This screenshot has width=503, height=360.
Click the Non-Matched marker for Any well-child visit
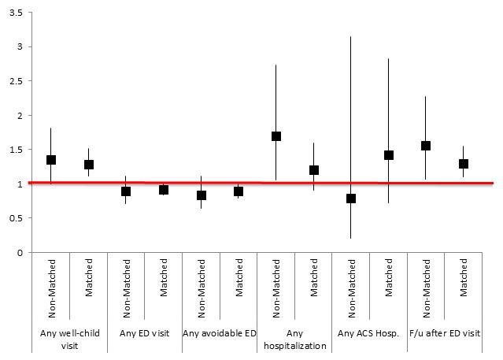[51, 160]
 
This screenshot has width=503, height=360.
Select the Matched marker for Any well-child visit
[89, 165]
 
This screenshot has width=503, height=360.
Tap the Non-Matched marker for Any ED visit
[126, 191]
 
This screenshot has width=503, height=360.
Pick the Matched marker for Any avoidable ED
[239, 191]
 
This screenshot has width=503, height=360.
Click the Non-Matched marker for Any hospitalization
[276, 136]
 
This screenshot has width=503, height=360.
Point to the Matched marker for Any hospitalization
[314, 170]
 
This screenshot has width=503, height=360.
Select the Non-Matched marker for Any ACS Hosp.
[351, 199]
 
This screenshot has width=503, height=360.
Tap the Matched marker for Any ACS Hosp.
[389, 155]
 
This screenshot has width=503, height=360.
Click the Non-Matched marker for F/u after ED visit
[426, 146]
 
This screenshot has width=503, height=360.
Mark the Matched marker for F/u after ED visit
[464, 164]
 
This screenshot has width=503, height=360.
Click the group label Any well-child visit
[70, 338]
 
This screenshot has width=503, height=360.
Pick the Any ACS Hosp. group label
[370, 333]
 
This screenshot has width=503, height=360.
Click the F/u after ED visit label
[445, 333]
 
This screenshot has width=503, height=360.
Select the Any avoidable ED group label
[220, 333]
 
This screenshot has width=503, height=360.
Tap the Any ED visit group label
[145, 333]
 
